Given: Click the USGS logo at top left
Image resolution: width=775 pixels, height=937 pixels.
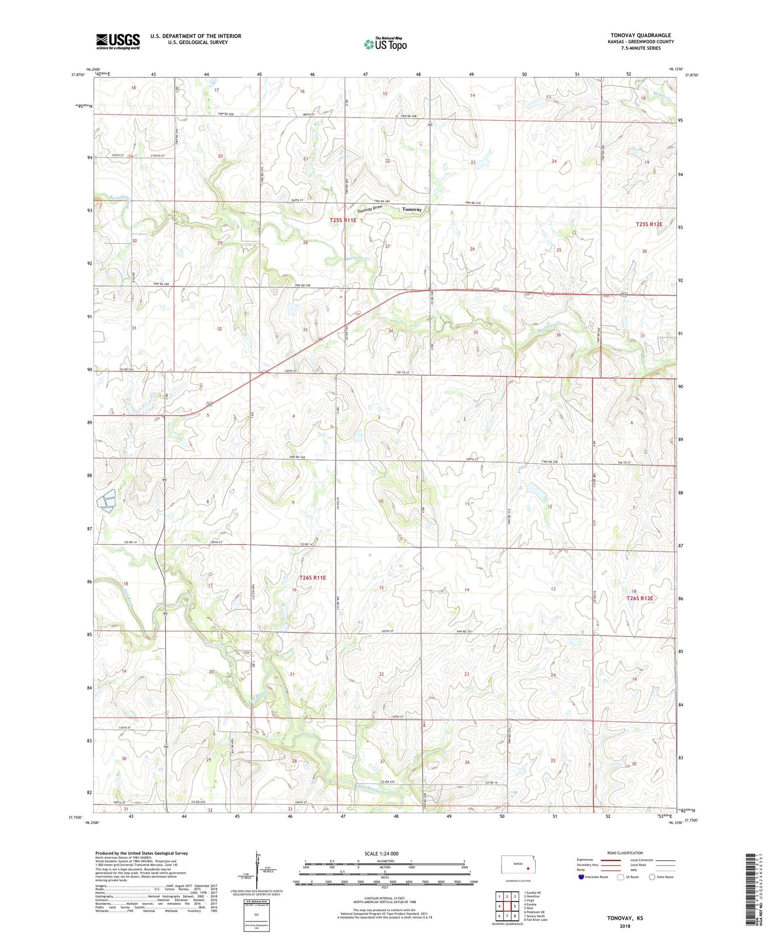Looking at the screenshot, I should (x=118, y=41).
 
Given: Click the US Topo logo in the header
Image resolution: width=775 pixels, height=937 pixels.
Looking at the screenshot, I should (x=385, y=44).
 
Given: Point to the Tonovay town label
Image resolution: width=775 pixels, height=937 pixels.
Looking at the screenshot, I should (x=412, y=209).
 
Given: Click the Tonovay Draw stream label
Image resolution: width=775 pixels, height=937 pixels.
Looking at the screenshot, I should (x=373, y=208).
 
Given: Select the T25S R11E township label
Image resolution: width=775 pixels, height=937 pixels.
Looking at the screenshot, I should (x=343, y=220).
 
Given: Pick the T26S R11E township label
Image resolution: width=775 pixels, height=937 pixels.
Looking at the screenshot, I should (x=312, y=577).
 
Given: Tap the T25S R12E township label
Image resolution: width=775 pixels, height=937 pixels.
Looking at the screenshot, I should (x=648, y=224).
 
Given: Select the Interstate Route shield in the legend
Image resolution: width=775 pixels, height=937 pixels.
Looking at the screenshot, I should (x=581, y=877).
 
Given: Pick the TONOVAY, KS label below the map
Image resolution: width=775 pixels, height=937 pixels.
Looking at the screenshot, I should (x=625, y=918).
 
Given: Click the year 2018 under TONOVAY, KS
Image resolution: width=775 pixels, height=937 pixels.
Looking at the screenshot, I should (x=625, y=926).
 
